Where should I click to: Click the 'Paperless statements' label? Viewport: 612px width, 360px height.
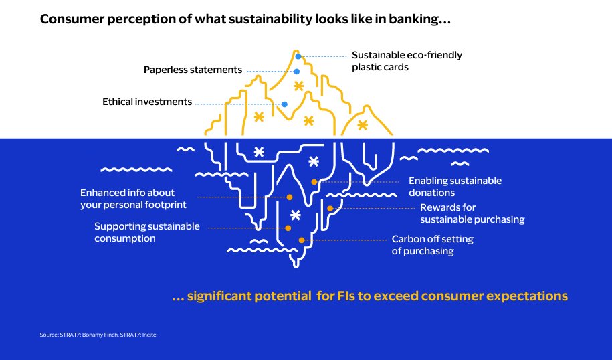(193, 70)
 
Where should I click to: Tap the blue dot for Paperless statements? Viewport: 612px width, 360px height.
(296, 71)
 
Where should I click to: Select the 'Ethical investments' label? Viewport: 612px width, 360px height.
(147, 102)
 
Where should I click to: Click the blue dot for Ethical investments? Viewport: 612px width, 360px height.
(285, 104)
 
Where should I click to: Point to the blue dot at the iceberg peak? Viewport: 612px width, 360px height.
(298, 56)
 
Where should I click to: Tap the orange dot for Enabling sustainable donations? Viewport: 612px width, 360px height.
(314, 182)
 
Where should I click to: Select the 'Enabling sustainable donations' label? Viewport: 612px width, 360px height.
(455, 187)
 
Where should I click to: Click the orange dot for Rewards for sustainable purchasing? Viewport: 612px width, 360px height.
(330, 209)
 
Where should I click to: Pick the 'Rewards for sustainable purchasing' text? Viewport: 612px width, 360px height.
(472, 213)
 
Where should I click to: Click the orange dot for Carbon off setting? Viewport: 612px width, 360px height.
(302, 240)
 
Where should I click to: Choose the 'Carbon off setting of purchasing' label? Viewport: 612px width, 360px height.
(433, 245)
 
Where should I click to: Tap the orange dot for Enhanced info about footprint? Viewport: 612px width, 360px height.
(290, 197)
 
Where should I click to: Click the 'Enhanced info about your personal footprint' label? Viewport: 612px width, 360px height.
(133, 198)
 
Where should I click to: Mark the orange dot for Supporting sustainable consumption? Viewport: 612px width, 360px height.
(288, 228)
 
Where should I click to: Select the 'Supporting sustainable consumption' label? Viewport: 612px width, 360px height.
(147, 232)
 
